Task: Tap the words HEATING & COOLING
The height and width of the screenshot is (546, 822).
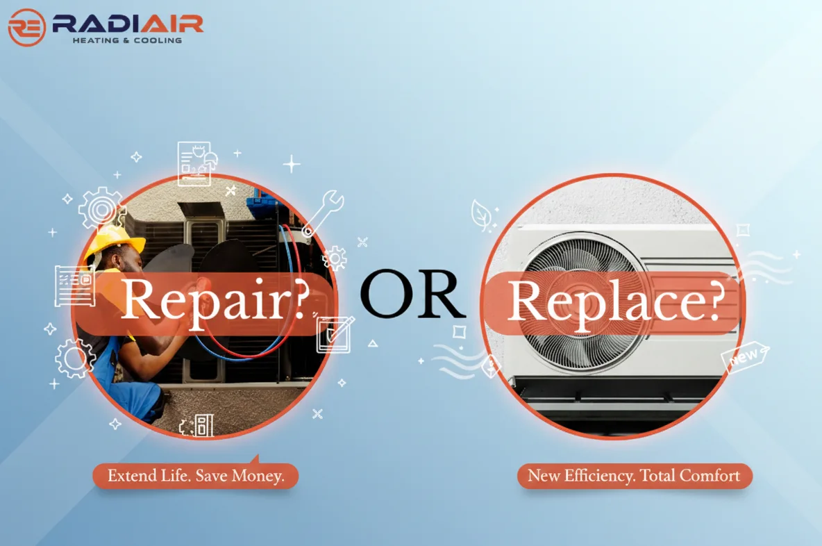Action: pos(127,40)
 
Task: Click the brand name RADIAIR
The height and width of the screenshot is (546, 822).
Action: pos(127,23)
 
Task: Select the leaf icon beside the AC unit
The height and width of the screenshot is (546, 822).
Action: pos(481,214)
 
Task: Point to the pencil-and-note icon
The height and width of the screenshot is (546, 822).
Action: pos(335,334)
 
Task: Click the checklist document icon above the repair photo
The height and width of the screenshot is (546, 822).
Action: pos(195,164)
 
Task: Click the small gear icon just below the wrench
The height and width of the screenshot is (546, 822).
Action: pos(335,258)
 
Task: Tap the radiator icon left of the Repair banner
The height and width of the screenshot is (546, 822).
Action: pos(74,286)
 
